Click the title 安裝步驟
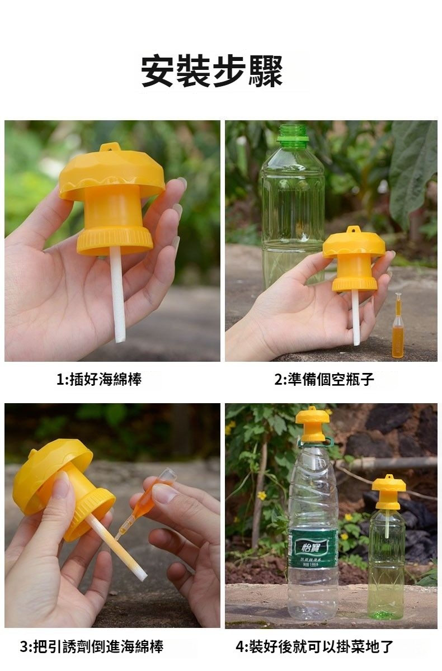click(x=212, y=71)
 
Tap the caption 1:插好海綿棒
click(x=99, y=379)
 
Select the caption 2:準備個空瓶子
click(x=325, y=379)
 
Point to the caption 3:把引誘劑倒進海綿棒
click(x=92, y=646)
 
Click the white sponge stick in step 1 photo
click(x=117, y=295)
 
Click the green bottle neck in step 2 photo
click(x=293, y=136)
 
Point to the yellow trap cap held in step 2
click(x=354, y=259)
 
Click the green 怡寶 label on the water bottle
click(x=313, y=549)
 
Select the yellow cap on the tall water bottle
click(x=312, y=424)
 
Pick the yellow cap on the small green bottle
click(x=389, y=492)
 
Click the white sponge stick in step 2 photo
click(x=356, y=318)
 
